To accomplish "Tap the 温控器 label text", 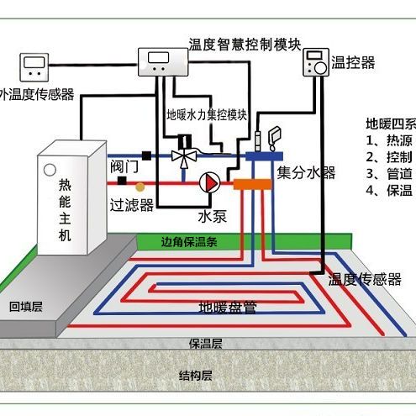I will pyautogui.click(x=354, y=62).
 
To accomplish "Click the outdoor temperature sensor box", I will pyautogui.click(x=35, y=66).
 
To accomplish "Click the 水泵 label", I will pyautogui.click(x=213, y=216).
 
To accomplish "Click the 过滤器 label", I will pyautogui.click(x=132, y=204).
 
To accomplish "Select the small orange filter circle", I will pyautogui.click(x=140, y=183).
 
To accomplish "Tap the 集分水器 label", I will pyautogui.click(x=307, y=173).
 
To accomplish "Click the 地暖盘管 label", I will pyautogui.click(x=228, y=307).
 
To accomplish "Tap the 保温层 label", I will pyautogui.click(x=205, y=345).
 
